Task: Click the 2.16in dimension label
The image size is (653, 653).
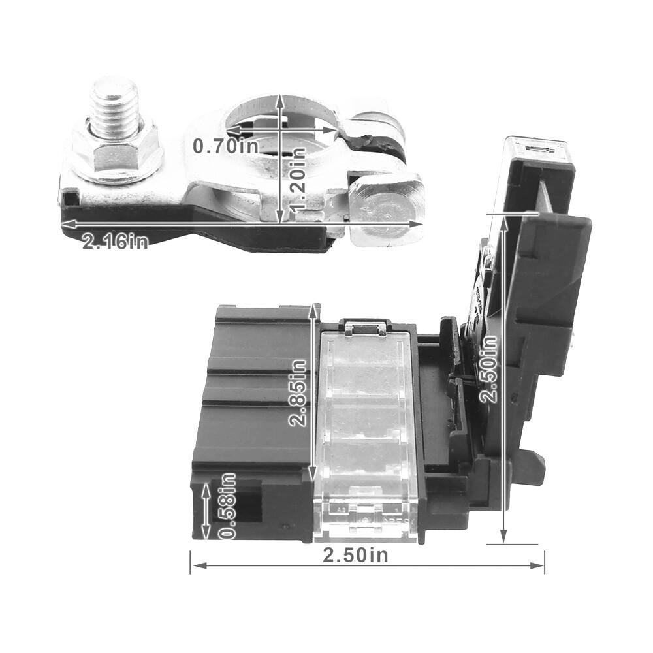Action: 115,242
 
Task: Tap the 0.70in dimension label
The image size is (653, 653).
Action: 225,146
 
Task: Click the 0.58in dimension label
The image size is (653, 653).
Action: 227,506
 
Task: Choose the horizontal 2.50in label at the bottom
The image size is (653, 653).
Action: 355,556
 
